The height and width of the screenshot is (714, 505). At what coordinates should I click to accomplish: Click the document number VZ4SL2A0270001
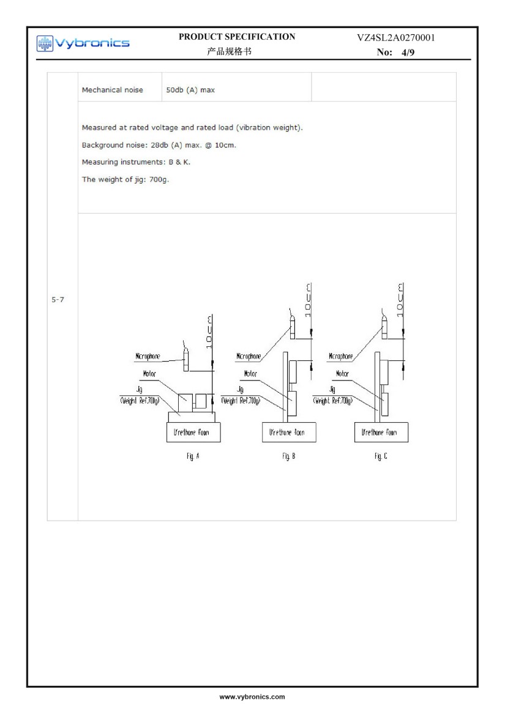(396, 38)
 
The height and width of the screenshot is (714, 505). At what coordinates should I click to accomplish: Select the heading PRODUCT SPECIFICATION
(236, 37)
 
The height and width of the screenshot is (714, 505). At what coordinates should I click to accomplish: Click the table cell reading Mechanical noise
(112, 90)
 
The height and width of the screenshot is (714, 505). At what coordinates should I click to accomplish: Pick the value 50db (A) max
(190, 90)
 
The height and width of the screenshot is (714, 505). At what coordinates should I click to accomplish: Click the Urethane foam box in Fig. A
(193, 432)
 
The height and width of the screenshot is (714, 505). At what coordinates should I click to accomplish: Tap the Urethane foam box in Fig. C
(381, 432)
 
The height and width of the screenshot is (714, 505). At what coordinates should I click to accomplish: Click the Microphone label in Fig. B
(249, 357)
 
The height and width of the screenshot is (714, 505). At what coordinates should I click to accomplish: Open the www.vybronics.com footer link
(252, 697)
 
